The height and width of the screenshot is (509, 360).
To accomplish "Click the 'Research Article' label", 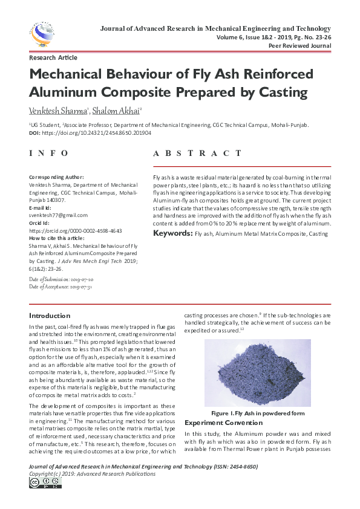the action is [x=53, y=58].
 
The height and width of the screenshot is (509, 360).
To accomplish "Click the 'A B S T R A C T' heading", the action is [x=201, y=154].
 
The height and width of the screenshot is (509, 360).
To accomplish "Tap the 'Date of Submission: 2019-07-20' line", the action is [x=61, y=280].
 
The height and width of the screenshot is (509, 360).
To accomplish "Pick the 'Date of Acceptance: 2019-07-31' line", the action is [x=61, y=287].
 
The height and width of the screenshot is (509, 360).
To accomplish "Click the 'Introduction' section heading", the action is [x=50, y=316].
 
